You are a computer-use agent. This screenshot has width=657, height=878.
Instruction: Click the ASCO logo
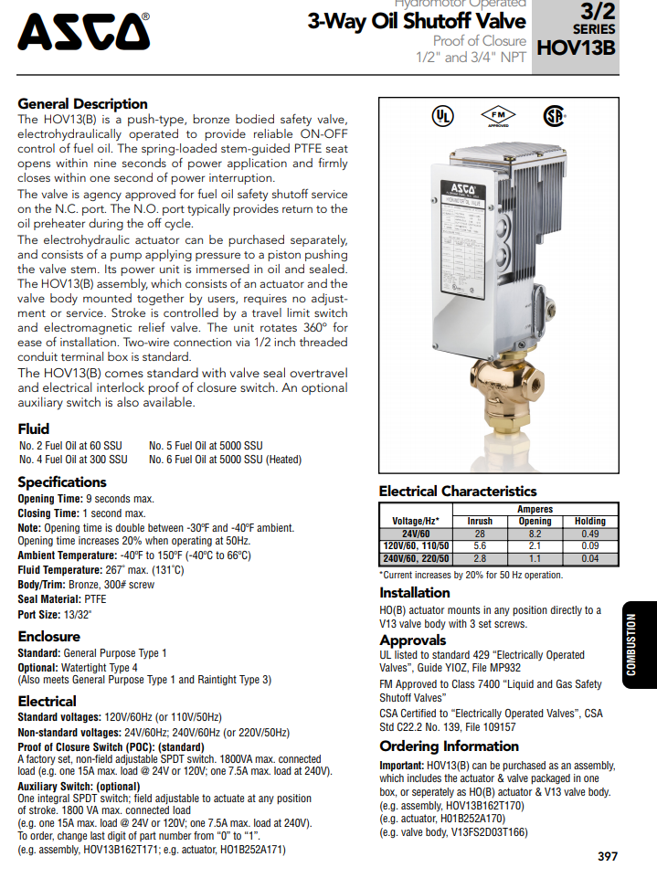84,33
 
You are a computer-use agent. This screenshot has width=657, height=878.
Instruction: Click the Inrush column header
480,521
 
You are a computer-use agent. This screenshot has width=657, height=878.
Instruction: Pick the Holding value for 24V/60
589,534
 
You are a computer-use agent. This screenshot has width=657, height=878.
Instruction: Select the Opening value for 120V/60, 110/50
535,545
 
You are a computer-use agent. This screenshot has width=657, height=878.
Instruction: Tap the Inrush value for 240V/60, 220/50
480,558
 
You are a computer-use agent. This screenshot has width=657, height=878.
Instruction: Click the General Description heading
82,104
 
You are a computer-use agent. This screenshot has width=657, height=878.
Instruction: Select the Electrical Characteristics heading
457,492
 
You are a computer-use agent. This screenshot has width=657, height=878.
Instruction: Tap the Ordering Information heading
436,746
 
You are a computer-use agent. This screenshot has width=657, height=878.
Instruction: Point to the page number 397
608,856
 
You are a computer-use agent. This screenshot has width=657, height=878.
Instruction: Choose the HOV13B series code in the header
576,48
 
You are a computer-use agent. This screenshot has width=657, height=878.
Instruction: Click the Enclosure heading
48,636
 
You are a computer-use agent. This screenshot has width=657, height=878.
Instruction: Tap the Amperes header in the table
535,509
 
